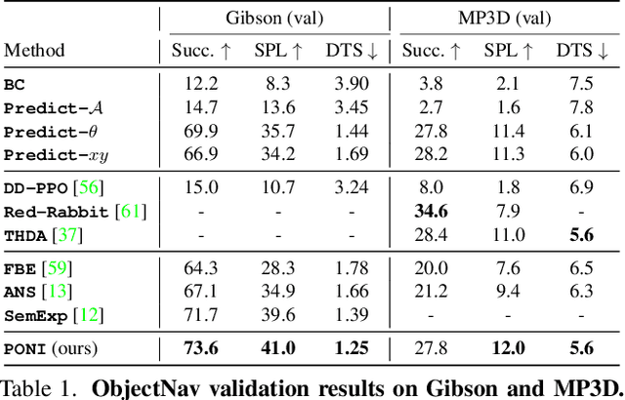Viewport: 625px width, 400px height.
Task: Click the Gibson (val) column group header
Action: pos(274,19)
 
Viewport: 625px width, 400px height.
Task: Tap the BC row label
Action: pos(16,84)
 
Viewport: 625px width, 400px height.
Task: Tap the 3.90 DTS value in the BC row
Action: pos(347,84)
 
